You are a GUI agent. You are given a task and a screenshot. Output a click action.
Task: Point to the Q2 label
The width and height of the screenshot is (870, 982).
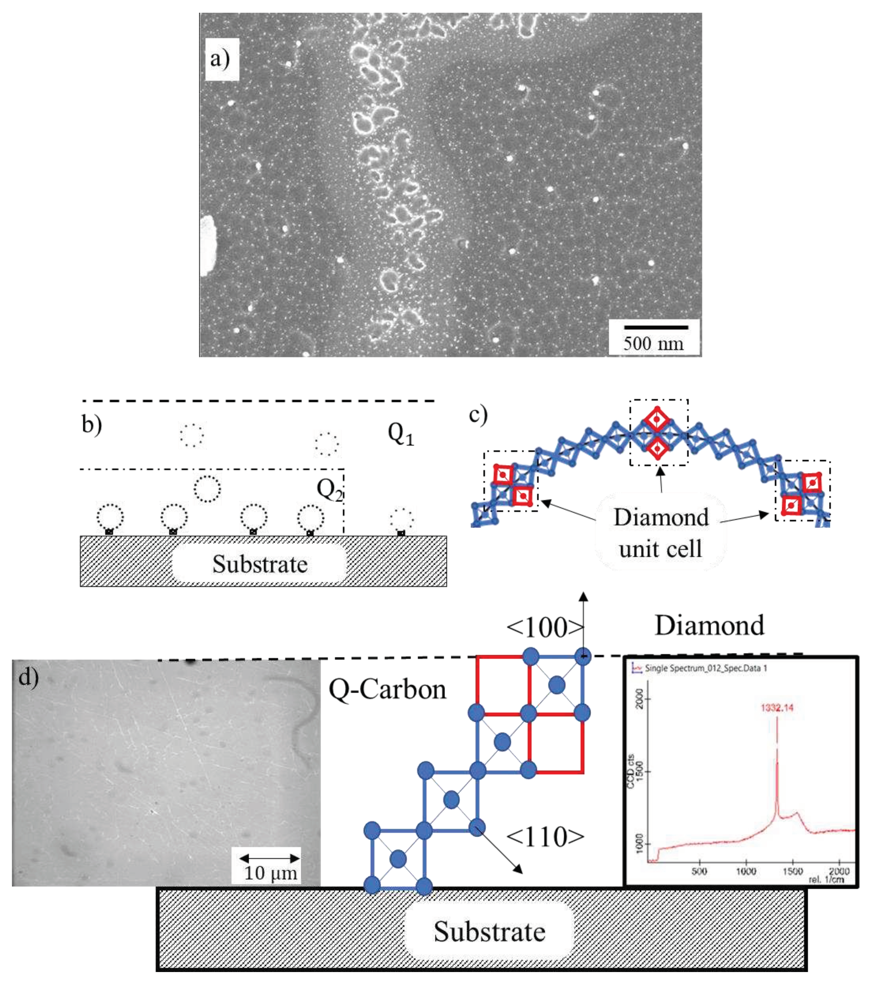330,489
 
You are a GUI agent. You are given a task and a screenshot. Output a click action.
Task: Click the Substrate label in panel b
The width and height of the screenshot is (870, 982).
260,564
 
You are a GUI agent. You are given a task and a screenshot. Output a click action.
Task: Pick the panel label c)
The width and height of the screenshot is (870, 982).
478,414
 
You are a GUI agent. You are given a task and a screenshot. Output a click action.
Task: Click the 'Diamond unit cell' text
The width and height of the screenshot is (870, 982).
661,533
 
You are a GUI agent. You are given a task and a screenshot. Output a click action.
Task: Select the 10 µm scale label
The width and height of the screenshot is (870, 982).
270,873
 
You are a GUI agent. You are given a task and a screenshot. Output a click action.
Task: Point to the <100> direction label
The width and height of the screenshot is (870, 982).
544,627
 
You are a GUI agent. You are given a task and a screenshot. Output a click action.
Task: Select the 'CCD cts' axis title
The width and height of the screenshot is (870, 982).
631,771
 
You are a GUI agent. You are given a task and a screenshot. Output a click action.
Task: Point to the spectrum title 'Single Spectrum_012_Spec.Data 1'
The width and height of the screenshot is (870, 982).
705,668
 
